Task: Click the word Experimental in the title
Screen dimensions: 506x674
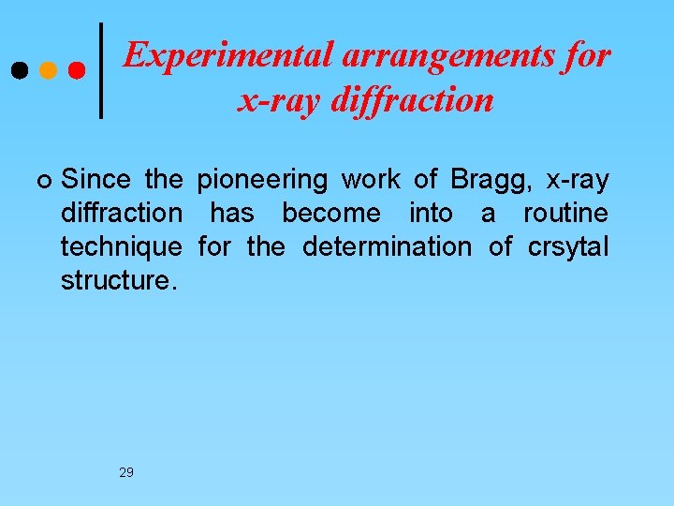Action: (228, 56)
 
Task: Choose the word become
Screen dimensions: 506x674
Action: (331, 213)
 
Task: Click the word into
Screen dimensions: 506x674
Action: (431, 213)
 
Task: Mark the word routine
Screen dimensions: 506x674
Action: (565, 213)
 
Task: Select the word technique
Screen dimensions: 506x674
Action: (122, 247)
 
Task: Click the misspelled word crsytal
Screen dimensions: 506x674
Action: (568, 247)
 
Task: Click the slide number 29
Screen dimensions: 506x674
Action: (126, 472)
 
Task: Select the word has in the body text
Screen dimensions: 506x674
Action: (231, 213)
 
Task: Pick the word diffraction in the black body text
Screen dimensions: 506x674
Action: (122, 213)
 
